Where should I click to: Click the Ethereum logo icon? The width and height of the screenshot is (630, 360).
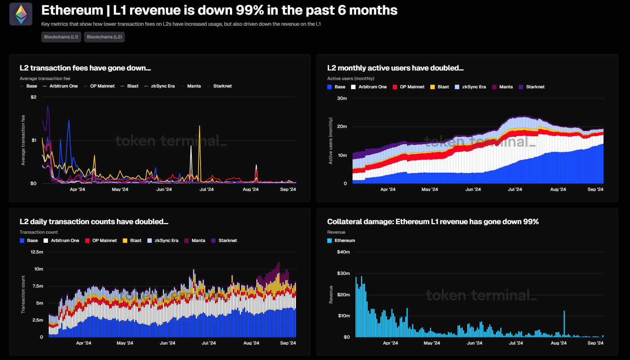21,14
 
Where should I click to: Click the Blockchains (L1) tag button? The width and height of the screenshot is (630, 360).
61,37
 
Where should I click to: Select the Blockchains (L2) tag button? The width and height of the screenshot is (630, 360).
104,37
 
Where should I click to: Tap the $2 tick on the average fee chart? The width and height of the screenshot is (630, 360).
34,97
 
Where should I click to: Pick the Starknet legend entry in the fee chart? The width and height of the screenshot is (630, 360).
222,86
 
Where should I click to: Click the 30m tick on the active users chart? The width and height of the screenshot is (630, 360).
342,98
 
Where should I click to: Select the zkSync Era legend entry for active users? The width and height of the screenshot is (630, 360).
473,87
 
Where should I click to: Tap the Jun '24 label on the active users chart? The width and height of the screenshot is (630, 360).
473,189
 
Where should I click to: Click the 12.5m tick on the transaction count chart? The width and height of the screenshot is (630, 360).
37,252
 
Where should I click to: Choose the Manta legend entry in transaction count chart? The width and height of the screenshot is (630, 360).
198,240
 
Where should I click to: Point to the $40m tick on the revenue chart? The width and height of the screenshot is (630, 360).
343,252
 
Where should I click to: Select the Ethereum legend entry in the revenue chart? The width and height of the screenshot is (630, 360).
344,240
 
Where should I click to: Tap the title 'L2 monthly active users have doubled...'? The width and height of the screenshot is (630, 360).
395,68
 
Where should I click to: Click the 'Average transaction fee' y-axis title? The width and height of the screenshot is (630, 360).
23,140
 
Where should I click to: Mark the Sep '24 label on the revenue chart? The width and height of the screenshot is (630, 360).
595,343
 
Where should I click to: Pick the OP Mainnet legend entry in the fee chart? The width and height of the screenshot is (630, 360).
102,86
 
